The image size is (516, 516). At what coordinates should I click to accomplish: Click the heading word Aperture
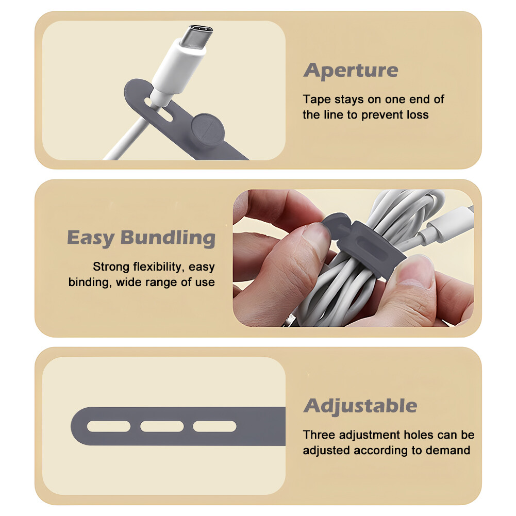click(x=351, y=71)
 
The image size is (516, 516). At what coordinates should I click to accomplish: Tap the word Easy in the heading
click(x=91, y=238)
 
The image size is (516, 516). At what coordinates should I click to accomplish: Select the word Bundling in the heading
click(x=168, y=238)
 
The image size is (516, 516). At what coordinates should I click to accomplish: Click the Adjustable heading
click(x=360, y=406)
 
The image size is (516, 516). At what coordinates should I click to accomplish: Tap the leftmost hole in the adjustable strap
click(x=108, y=426)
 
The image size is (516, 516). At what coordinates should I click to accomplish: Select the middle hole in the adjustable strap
click(x=162, y=426)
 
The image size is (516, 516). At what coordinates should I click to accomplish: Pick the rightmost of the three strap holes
click(x=214, y=426)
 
